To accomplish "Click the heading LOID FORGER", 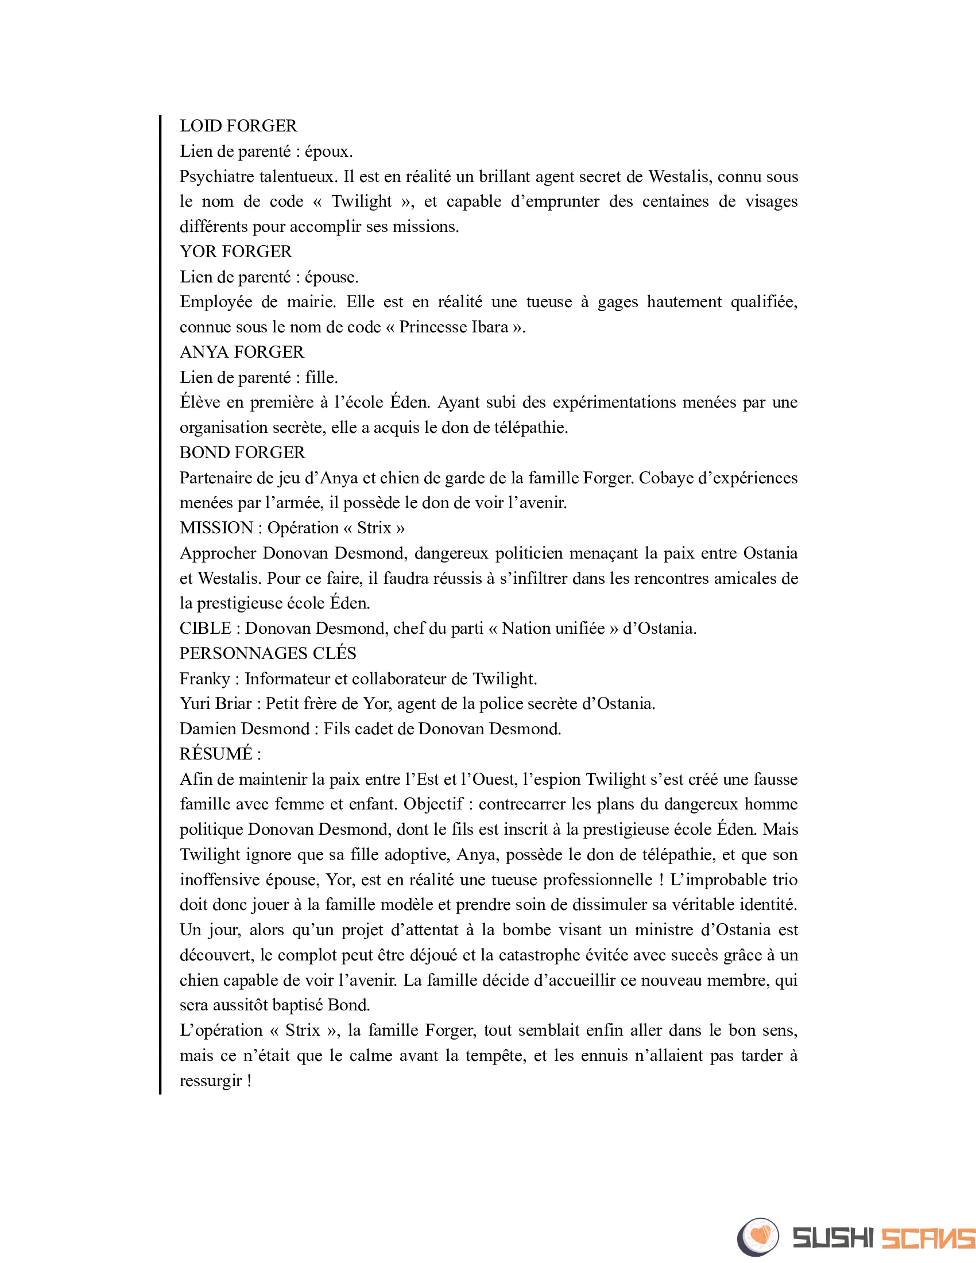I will click(238, 126).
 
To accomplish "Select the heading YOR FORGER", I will click(236, 251).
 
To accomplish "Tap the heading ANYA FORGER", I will click(242, 352).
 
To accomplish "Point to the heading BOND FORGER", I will click(242, 452).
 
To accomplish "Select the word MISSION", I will click(216, 528).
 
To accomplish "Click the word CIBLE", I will click(206, 628).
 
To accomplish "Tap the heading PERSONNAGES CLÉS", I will click(268, 653).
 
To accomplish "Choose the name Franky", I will click(205, 679).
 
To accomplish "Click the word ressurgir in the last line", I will click(211, 1081).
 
